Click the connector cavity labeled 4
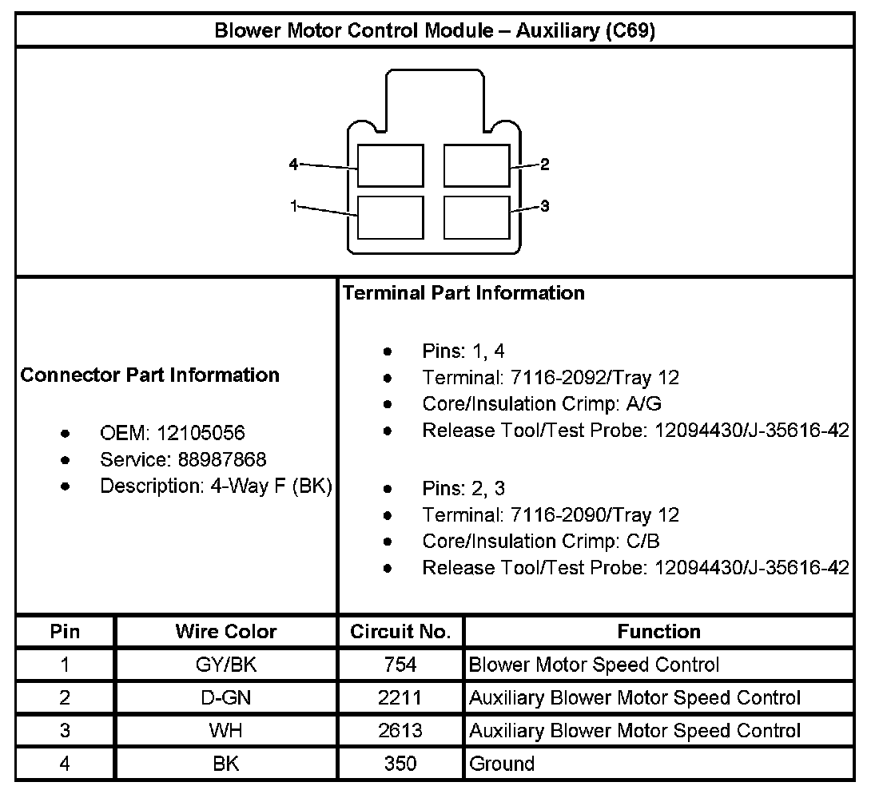pos(390,166)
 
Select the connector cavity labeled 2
pos(476,166)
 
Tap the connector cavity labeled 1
pos(390,216)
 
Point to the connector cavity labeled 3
pos(476,216)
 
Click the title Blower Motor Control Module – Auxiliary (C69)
pos(436,31)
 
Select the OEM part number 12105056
pos(201,433)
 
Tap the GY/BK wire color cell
pos(226,665)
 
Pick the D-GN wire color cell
pos(226,697)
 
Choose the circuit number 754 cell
pos(400,665)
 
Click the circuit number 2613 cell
pos(400,730)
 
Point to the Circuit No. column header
pos(400,632)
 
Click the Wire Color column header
pos(226,632)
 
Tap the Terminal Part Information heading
pos(463,293)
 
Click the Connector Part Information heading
pos(150,375)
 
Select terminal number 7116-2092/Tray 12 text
pos(551,377)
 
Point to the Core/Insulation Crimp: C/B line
pos(541,541)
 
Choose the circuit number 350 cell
pos(400,763)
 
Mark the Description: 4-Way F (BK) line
pos(216,486)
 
